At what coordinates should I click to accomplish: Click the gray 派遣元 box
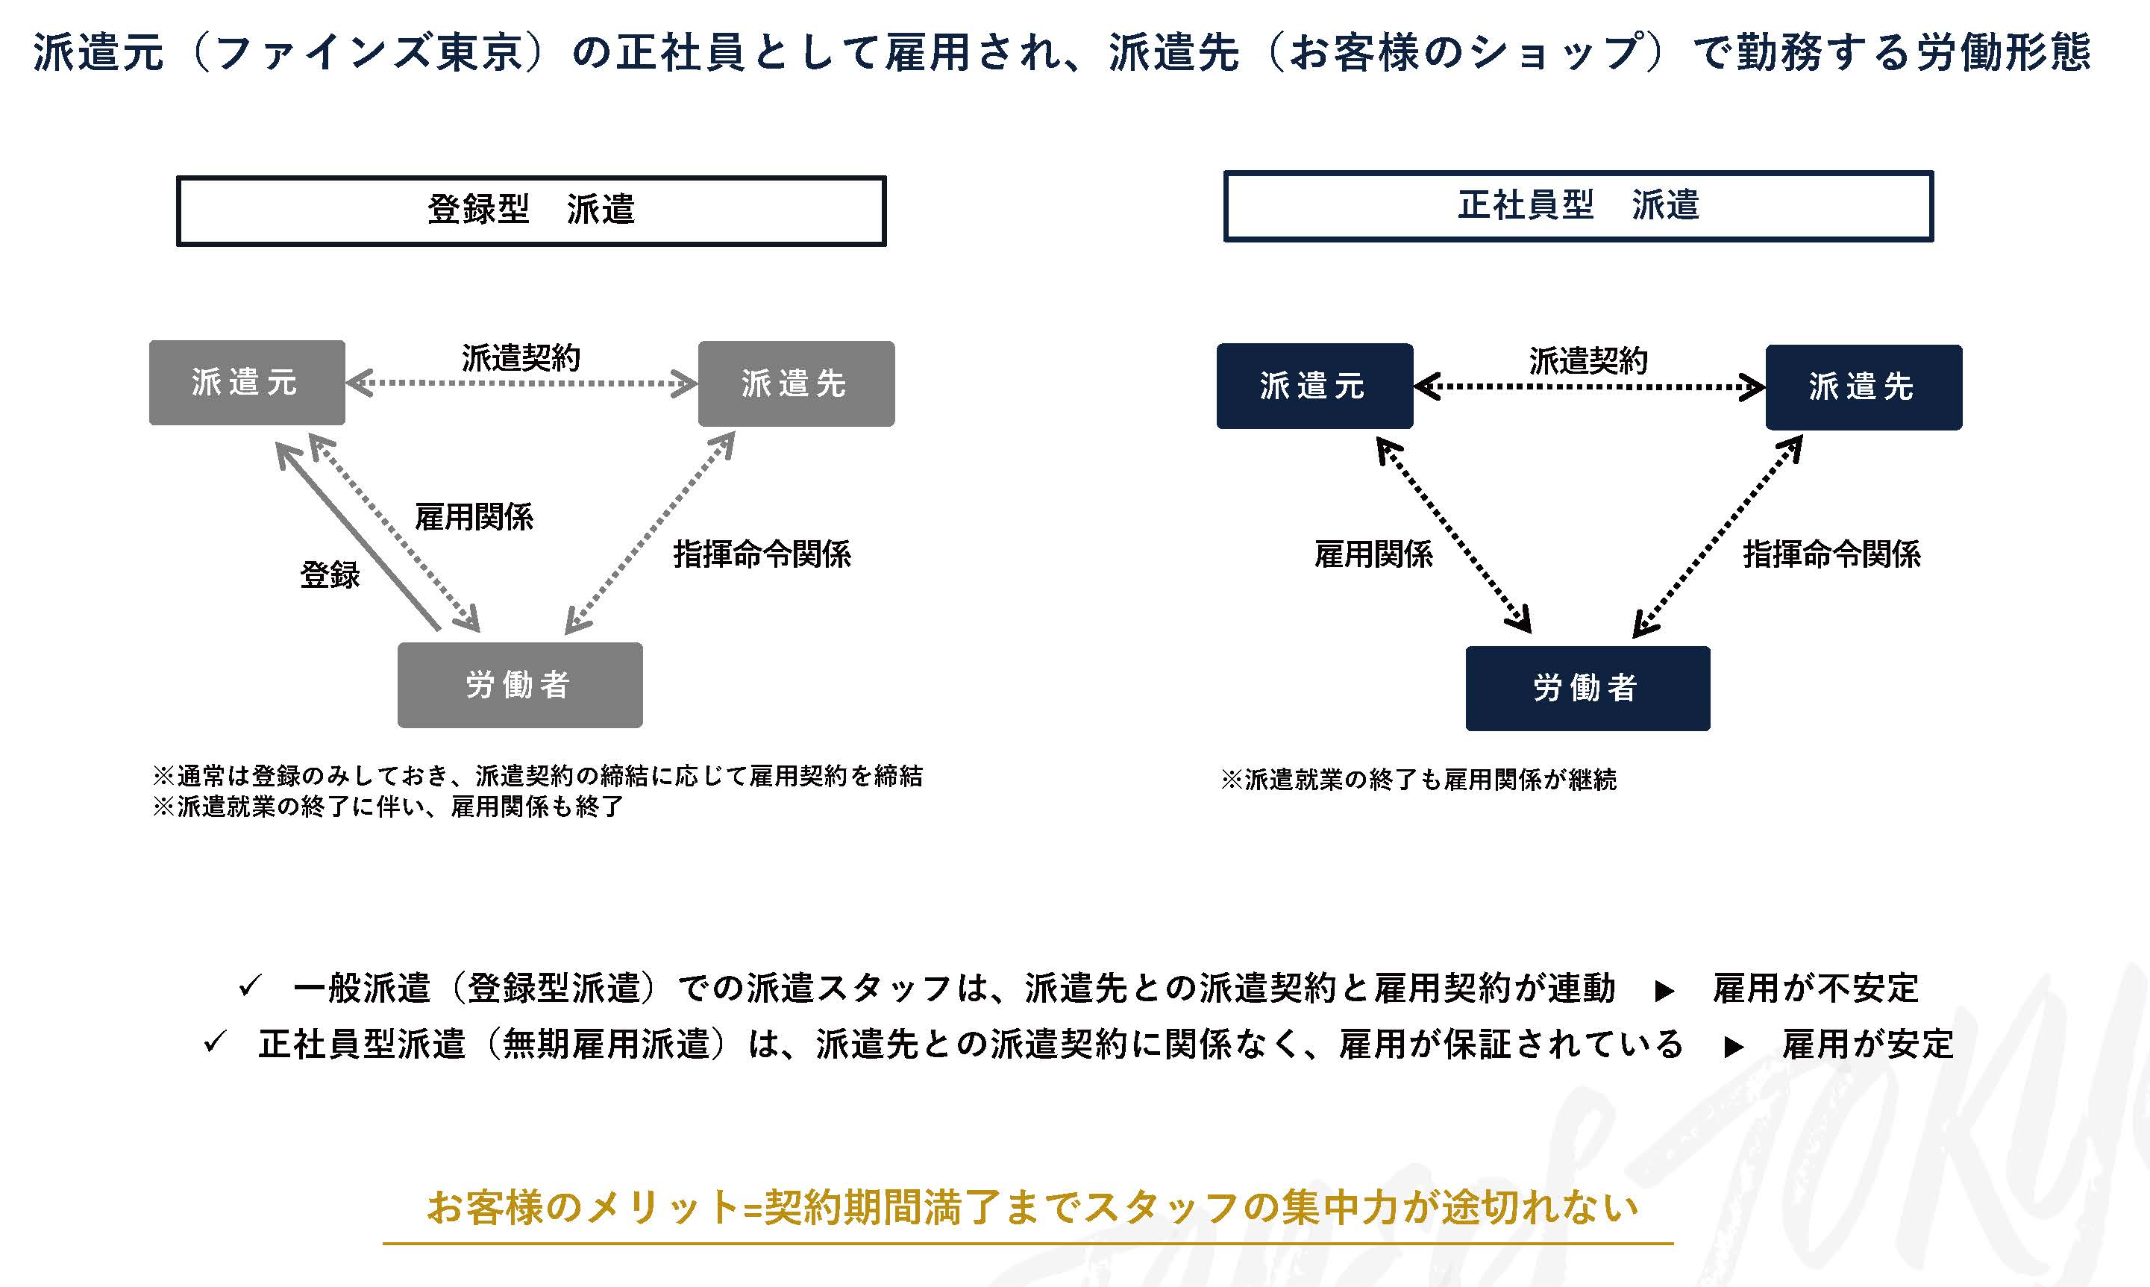click(247, 383)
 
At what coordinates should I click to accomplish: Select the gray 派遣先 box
click(797, 383)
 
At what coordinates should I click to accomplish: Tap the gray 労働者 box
click(520, 685)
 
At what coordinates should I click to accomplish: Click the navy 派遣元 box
click(1315, 386)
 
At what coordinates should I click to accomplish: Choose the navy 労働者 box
click(1588, 689)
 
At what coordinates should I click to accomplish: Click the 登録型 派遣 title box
click(531, 210)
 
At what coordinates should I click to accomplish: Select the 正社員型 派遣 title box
click(1579, 207)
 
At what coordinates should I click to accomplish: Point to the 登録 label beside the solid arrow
click(330, 574)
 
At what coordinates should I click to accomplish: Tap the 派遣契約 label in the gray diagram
click(521, 357)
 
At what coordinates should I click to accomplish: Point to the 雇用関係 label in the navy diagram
click(1374, 554)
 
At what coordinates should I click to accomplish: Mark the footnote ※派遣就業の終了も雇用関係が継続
click(1419, 780)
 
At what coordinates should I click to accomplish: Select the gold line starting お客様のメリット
click(1032, 1207)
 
